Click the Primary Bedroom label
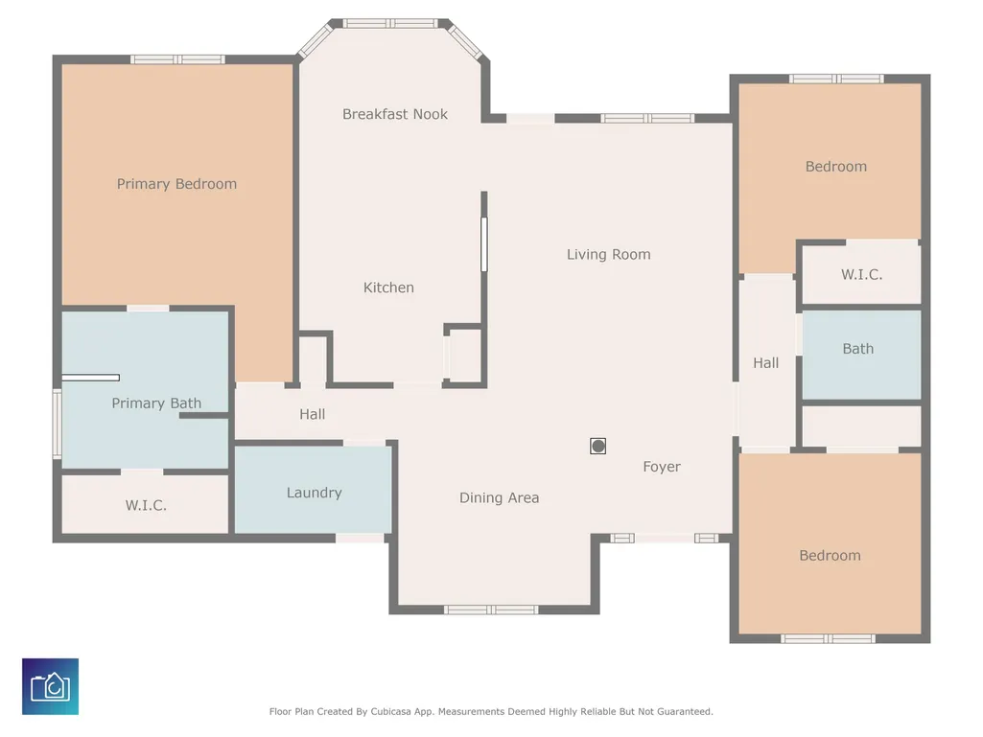click(x=176, y=184)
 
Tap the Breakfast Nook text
click(x=395, y=114)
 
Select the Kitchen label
click(x=388, y=288)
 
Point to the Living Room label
click(x=609, y=254)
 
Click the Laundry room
click(x=314, y=490)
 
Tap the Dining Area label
click(x=499, y=497)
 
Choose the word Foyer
click(x=662, y=467)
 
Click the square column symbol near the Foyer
click(x=598, y=447)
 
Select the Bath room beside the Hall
click(x=862, y=355)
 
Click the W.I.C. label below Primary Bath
click(x=146, y=505)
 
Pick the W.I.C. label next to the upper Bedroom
click(x=862, y=274)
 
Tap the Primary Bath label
click(x=156, y=403)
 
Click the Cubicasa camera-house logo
click(x=50, y=686)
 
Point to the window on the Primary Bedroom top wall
click(x=177, y=59)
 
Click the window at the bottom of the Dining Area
click(x=491, y=610)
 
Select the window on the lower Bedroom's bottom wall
click(x=828, y=638)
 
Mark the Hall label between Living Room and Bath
click(x=766, y=363)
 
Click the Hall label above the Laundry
click(x=313, y=414)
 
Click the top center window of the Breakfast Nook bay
click(x=390, y=24)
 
